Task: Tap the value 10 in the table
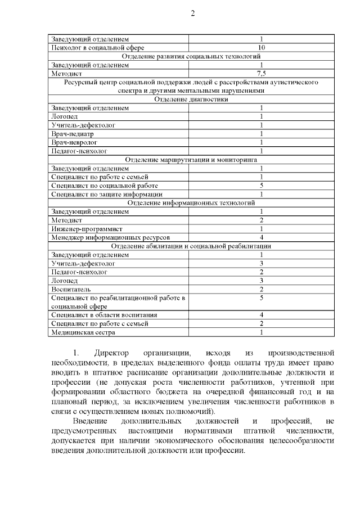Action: [261, 48]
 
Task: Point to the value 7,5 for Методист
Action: [261, 73]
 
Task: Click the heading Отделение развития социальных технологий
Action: [191, 56]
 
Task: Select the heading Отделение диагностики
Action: [191, 99]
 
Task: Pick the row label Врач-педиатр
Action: [73, 134]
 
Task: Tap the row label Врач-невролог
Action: [74, 142]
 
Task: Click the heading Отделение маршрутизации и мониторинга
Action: [191, 160]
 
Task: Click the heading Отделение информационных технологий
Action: [191, 202]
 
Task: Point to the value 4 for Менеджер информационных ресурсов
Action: [261, 237]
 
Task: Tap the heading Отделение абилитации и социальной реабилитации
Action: [191, 246]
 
